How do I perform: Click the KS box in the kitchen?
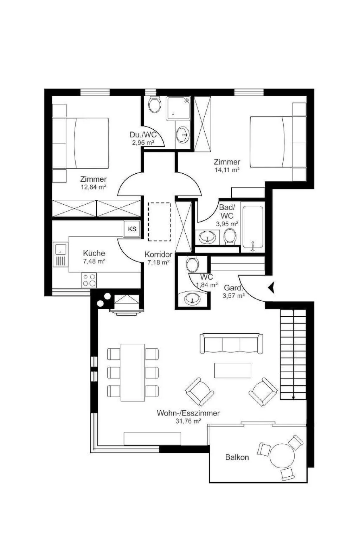(x=132, y=229)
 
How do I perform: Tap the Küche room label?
(x=94, y=253)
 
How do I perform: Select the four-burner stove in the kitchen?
(x=89, y=280)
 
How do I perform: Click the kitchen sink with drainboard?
(x=60, y=255)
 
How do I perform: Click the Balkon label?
(x=237, y=457)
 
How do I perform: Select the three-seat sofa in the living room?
(x=231, y=343)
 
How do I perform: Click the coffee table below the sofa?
(x=233, y=370)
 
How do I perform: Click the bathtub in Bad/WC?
(x=252, y=227)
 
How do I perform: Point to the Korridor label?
(x=159, y=254)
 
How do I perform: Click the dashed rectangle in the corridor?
(x=159, y=221)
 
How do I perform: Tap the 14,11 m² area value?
(x=227, y=170)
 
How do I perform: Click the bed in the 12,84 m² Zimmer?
(x=80, y=143)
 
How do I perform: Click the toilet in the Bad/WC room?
(x=230, y=236)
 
